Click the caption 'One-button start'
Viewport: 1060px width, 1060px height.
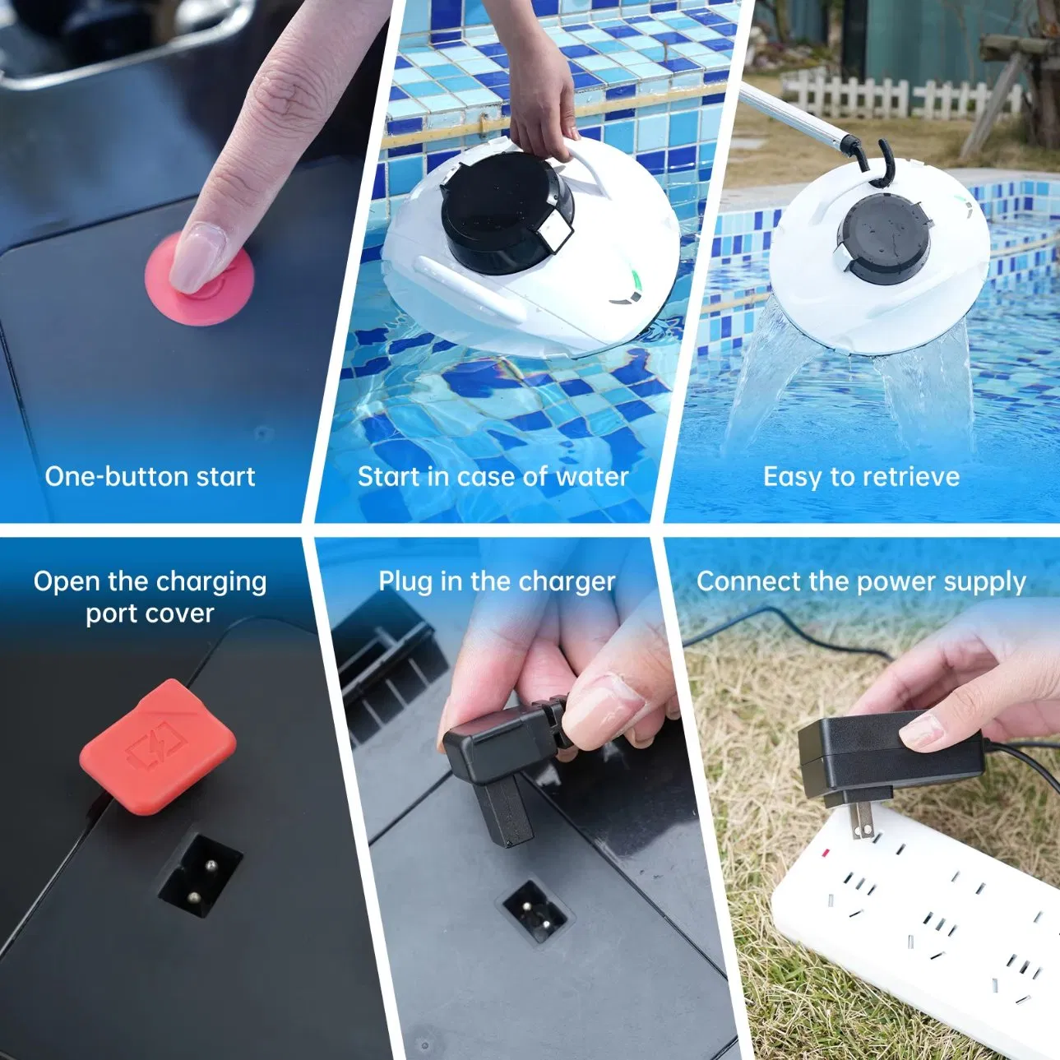pyautogui.click(x=150, y=477)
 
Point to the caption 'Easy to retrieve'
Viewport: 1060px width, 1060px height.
pyautogui.click(x=861, y=477)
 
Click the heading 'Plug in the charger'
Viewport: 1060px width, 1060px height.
pyautogui.click(x=497, y=581)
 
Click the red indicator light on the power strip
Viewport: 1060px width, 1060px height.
pyautogui.click(x=824, y=853)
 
